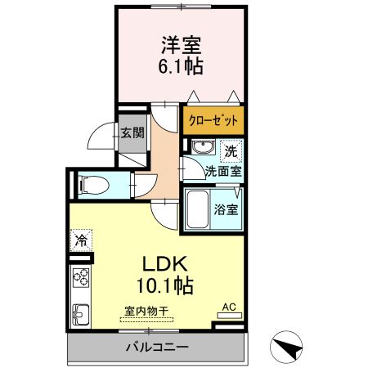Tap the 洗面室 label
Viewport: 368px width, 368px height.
(x=222, y=172)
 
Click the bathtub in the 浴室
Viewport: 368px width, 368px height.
(x=197, y=209)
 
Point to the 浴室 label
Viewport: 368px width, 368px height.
(x=227, y=209)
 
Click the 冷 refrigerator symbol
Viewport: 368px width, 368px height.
(x=82, y=240)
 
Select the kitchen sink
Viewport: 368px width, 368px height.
(x=81, y=314)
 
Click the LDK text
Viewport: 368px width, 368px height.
(x=167, y=265)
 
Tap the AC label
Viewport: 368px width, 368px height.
(x=229, y=307)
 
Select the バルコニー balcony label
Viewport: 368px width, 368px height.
(x=157, y=348)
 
